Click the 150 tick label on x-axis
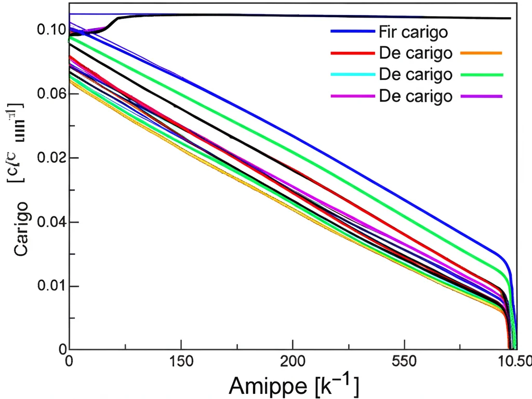point(181,362)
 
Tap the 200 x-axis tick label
point(292,362)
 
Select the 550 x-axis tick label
point(405,362)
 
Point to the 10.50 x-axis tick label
point(515,362)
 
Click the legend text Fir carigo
point(414,32)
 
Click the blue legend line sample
point(352,32)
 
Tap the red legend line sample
point(352,53)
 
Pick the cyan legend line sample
point(352,74)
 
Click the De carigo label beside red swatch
point(415,53)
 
